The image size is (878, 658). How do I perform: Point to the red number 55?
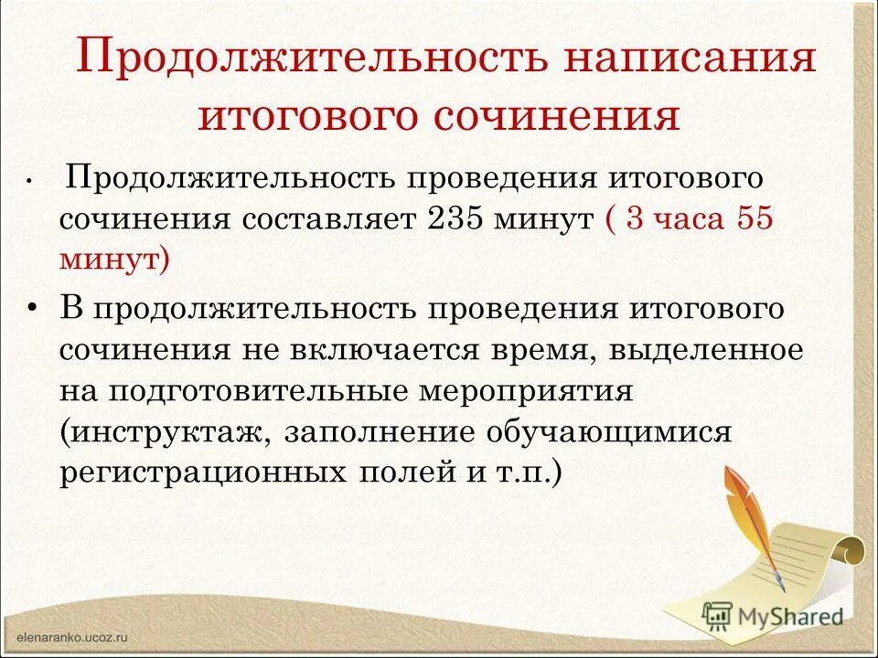pos(752,220)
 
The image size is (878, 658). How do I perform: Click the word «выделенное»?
pos(702,351)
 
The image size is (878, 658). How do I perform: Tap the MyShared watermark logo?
pos(773,615)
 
